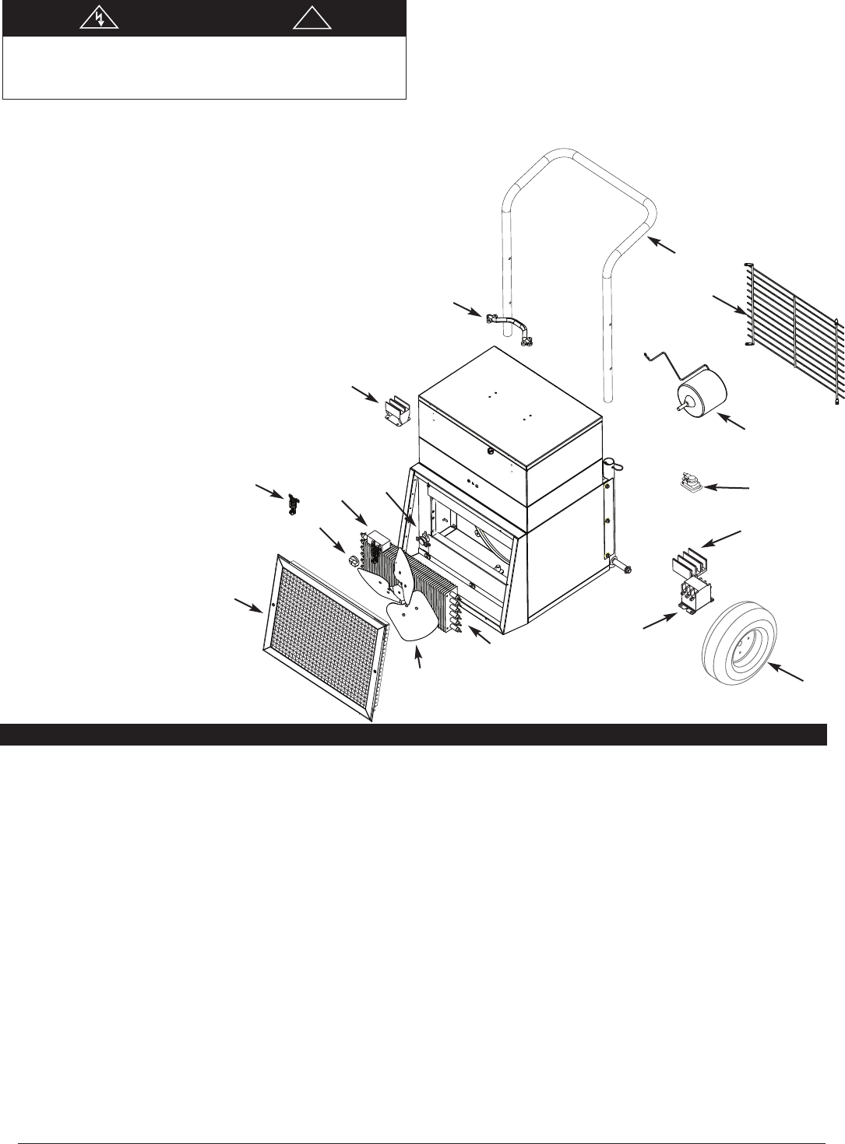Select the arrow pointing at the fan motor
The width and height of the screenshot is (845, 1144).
tap(732, 423)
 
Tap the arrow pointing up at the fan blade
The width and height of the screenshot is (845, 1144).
tap(419, 657)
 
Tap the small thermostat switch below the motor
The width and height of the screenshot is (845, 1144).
tap(689, 483)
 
